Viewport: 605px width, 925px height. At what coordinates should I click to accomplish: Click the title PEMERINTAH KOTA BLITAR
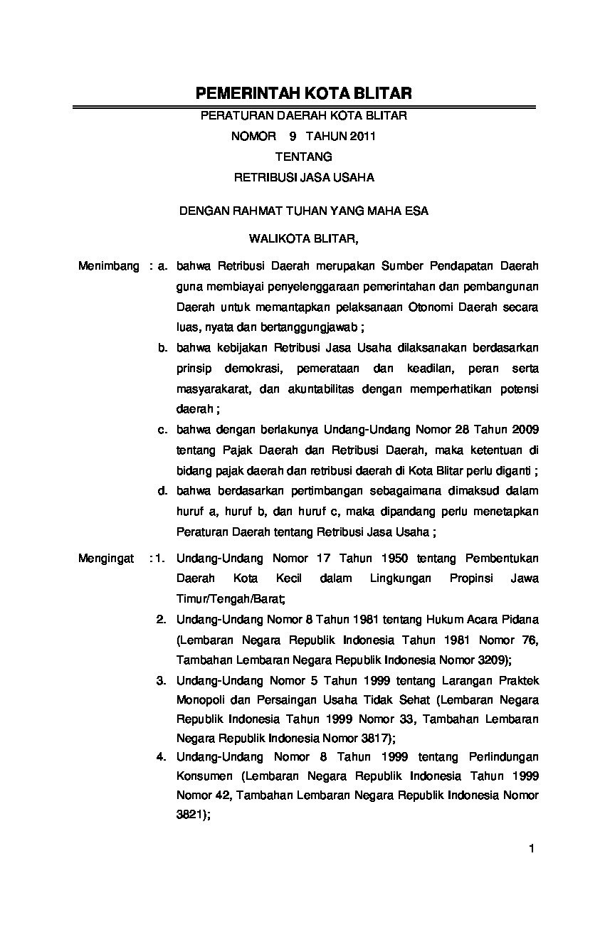point(304,94)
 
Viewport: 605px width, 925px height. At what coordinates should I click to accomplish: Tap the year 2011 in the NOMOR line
point(362,135)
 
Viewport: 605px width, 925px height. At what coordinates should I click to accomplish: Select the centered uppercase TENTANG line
point(303,156)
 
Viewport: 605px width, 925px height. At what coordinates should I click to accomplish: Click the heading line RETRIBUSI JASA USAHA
point(304,176)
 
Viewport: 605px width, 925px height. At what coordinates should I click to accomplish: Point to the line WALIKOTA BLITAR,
point(304,239)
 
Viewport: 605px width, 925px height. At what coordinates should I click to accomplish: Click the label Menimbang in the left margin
point(109,266)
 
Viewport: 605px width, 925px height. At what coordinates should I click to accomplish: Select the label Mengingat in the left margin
point(106,559)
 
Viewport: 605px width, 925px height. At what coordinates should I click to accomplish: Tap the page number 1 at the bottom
point(531,847)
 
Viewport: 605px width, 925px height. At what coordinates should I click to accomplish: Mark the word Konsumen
point(203,776)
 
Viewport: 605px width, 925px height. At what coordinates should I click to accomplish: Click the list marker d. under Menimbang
point(163,490)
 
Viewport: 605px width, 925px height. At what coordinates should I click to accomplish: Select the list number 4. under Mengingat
point(162,756)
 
